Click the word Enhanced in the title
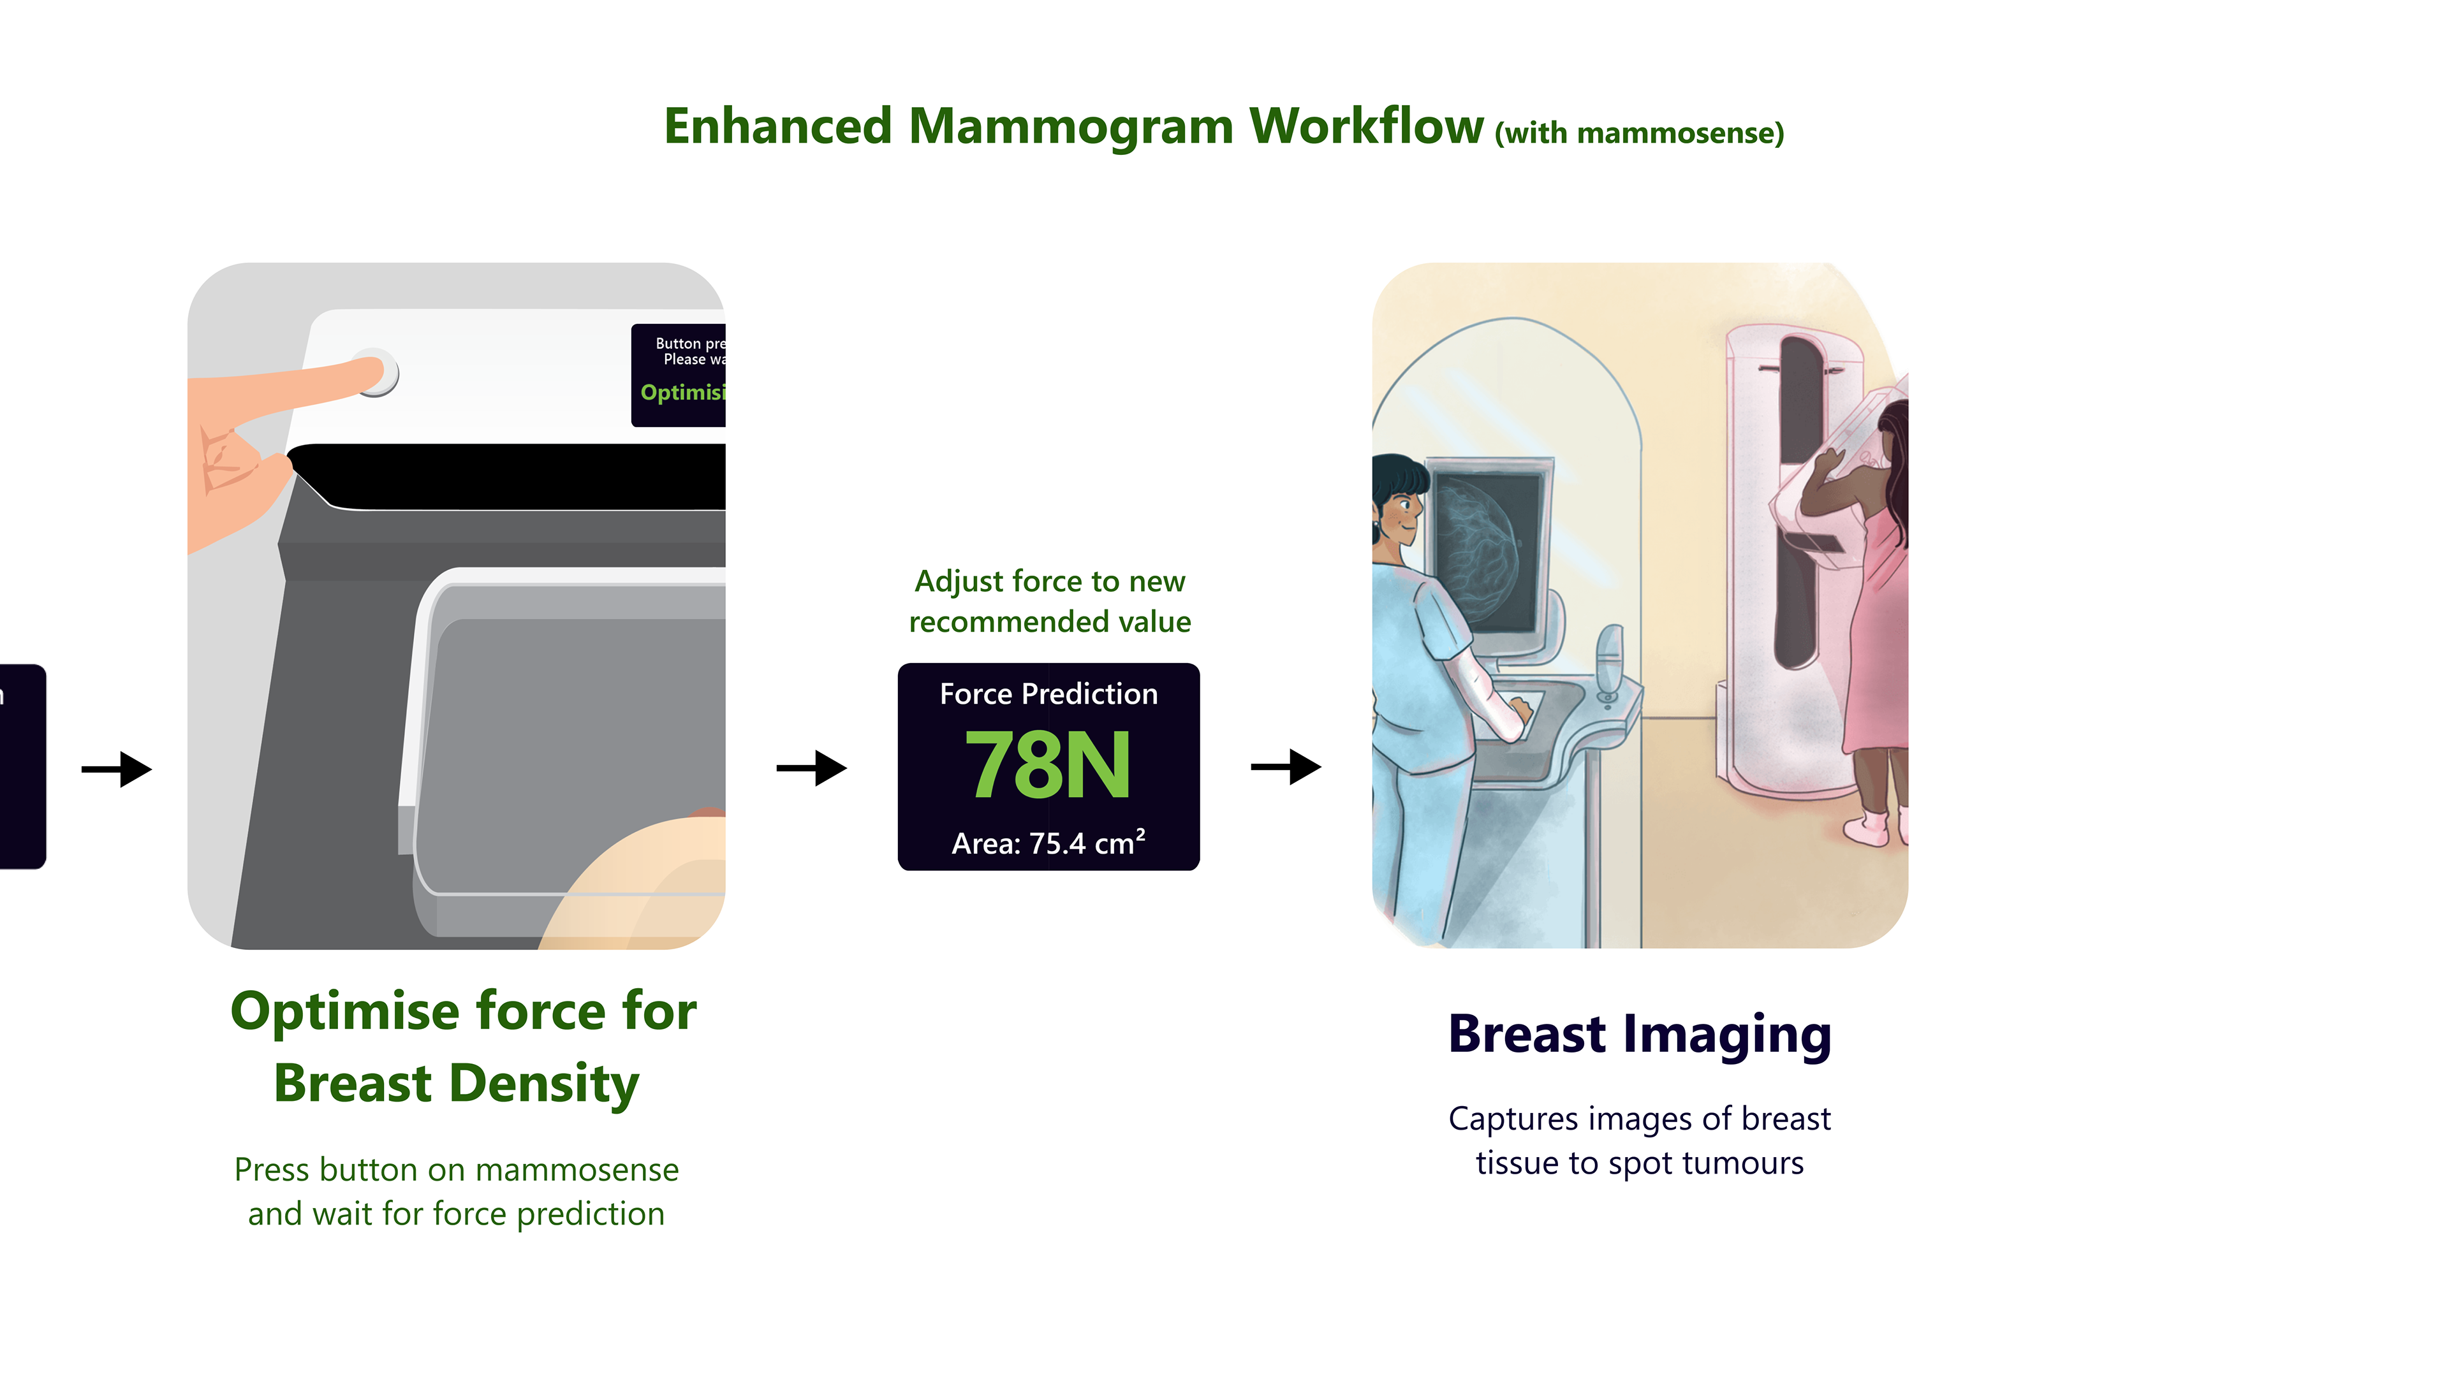click(777, 126)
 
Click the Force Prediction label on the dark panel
click(1048, 694)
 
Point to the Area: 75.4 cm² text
click(1048, 843)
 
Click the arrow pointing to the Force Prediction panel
click(811, 768)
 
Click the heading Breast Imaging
click(1639, 1034)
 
